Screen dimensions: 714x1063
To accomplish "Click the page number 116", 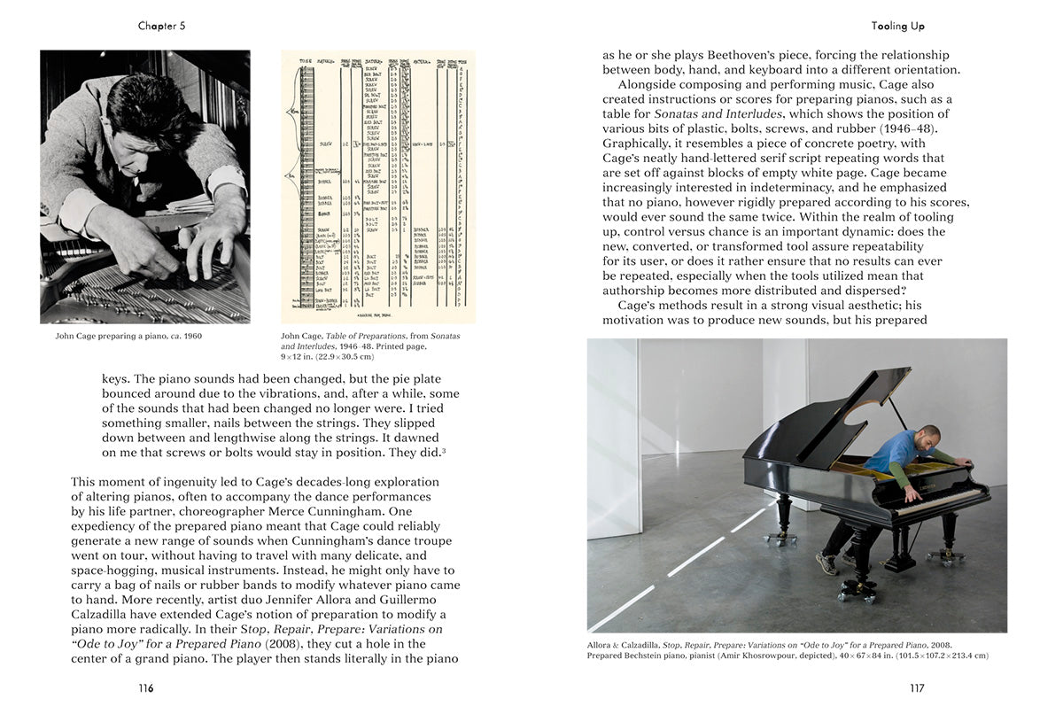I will tap(145, 688).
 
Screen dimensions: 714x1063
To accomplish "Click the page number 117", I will tap(917, 688).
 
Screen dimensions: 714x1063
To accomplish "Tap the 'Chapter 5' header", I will tap(161, 26).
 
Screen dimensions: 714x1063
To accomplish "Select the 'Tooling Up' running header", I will tap(897, 26).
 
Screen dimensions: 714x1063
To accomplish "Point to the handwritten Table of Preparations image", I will tap(378, 186).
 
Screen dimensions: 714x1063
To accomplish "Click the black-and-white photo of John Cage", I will tap(145, 186).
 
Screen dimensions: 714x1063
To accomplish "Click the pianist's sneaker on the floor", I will tap(826, 564).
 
